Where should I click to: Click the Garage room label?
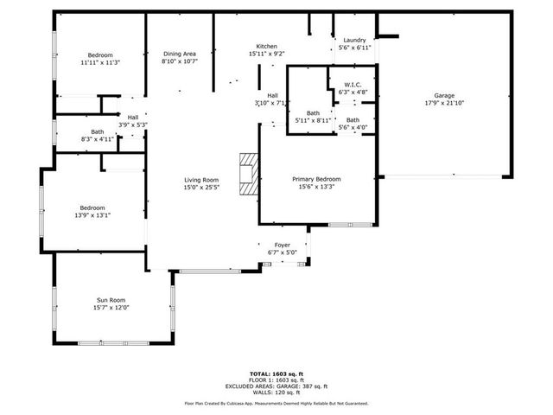(x=444, y=96)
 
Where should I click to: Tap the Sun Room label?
(x=111, y=300)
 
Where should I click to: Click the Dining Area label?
(x=179, y=54)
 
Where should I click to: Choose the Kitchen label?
(x=266, y=46)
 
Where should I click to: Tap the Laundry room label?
(x=354, y=40)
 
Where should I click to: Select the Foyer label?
(x=283, y=245)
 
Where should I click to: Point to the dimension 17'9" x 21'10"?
(x=444, y=104)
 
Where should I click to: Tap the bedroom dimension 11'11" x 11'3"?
(x=100, y=62)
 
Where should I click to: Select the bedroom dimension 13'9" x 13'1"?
(x=93, y=215)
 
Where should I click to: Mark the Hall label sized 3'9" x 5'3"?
(x=133, y=118)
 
